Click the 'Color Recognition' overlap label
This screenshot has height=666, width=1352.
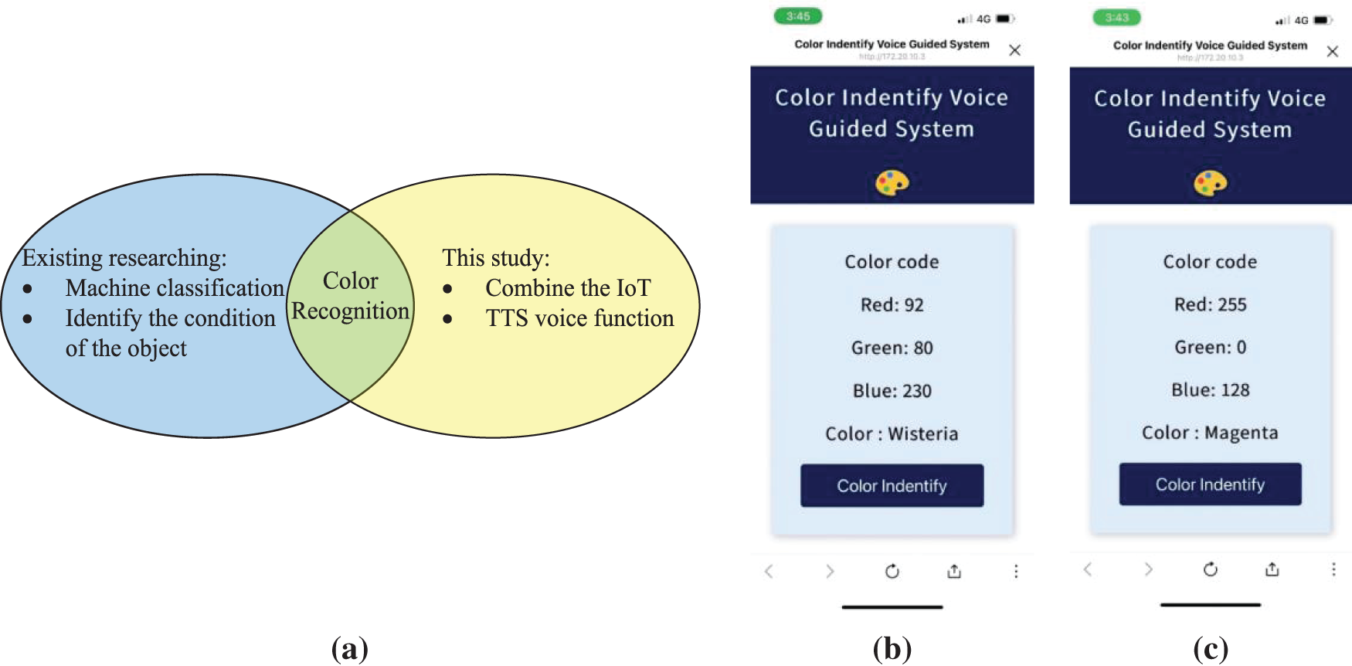(350, 296)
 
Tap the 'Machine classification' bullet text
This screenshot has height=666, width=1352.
(175, 288)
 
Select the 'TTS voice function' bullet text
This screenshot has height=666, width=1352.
(579, 318)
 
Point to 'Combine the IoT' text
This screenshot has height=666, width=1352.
(568, 288)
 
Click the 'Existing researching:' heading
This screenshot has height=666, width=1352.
(124, 258)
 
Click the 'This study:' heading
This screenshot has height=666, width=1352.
(496, 258)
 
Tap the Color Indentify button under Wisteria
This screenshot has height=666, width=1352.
(892, 485)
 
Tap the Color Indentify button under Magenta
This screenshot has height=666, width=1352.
(1210, 484)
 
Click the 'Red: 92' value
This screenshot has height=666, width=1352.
(892, 305)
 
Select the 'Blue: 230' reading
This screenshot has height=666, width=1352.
(892, 391)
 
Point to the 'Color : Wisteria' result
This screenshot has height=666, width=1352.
(892, 434)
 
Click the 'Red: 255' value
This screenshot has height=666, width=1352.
(1210, 305)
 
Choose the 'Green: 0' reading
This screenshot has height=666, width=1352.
(1210, 348)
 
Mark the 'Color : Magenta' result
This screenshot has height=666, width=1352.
(1210, 433)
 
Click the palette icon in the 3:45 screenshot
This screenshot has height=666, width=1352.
(892, 183)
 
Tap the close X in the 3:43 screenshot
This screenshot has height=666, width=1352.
(1333, 52)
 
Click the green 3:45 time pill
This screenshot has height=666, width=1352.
(798, 16)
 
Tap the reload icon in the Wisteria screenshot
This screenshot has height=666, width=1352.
(892, 571)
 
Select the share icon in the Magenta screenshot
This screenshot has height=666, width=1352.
(1272, 569)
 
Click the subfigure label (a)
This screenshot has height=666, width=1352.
(349, 648)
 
